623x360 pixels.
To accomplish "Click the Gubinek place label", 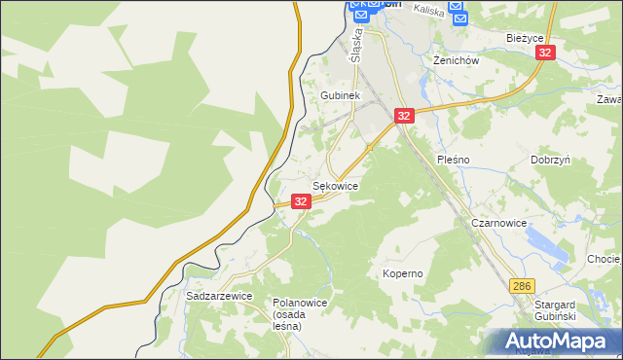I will (x=341, y=96).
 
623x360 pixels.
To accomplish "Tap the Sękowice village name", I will (x=335, y=185).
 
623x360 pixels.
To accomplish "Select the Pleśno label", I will (x=454, y=159).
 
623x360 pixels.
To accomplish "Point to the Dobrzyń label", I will (x=550, y=159).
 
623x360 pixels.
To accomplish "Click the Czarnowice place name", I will (x=498, y=223).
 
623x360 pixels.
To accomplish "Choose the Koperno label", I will (x=402, y=273).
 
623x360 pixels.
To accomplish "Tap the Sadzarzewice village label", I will (x=219, y=296).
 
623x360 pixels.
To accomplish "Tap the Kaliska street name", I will (x=427, y=10).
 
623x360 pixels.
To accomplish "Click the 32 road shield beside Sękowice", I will (x=301, y=201).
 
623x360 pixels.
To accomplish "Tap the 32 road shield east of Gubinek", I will (x=405, y=116).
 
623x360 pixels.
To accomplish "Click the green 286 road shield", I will (x=523, y=286).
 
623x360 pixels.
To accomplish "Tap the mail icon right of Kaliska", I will (x=458, y=17).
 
